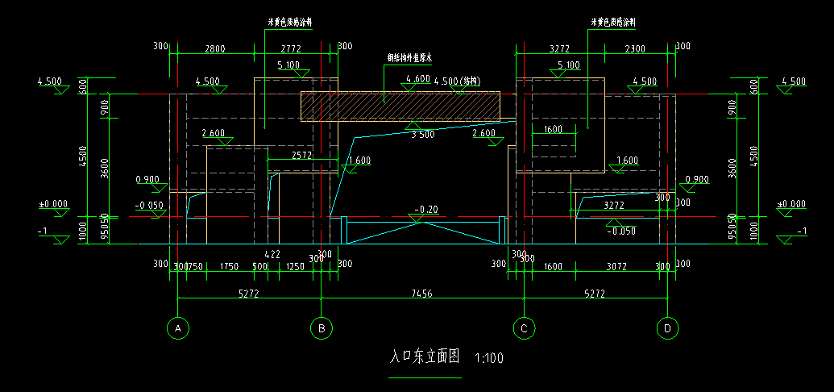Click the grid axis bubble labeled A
point(176,327)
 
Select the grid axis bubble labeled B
point(322,327)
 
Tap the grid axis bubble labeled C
point(524,327)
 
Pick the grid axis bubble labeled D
point(667,327)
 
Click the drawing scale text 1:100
point(489,358)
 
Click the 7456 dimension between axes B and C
point(421,294)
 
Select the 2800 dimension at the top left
point(214,49)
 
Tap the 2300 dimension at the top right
point(635,49)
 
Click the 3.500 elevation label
point(422,135)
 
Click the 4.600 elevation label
point(418,79)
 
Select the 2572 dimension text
point(302,155)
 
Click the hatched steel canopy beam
point(400,106)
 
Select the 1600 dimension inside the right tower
point(554,130)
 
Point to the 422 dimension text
point(272,254)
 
